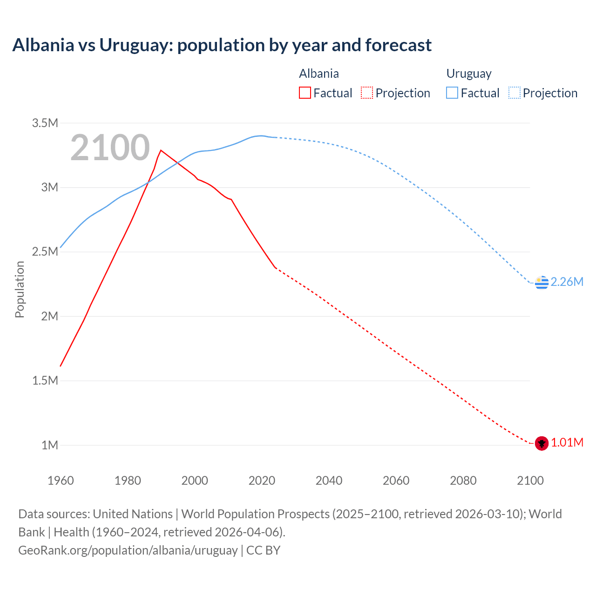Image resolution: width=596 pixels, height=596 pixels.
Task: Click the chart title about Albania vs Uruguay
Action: pyautogui.click(x=222, y=45)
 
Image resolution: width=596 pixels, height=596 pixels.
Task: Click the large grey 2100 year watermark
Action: pyautogui.click(x=110, y=148)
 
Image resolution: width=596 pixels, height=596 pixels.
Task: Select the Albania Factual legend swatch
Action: pyautogui.click(x=305, y=93)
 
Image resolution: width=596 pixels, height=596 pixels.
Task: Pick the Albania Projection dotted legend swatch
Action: pyautogui.click(x=367, y=93)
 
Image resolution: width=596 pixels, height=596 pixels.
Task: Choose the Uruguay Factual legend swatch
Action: pyautogui.click(x=452, y=93)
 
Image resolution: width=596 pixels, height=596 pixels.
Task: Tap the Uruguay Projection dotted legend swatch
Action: pyautogui.click(x=515, y=93)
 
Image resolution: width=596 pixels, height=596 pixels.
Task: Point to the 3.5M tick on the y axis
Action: pyautogui.click(x=45, y=123)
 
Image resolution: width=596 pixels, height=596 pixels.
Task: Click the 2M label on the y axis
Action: pyautogui.click(x=49, y=316)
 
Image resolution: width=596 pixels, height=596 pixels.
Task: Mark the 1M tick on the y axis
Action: pyautogui.click(x=49, y=445)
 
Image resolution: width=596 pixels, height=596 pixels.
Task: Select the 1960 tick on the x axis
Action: pyautogui.click(x=61, y=481)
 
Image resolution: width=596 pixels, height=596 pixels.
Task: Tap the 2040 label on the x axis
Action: pyautogui.click(x=329, y=481)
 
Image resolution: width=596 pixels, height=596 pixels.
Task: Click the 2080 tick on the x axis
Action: pyautogui.click(x=463, y=481)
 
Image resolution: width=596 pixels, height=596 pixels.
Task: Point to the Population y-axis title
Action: pyautogui.click(x=20, y=289)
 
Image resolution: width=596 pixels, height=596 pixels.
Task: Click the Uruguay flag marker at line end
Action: pyautogui.click(x=542, y=282)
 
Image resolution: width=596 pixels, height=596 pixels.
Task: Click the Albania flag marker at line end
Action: pyautogui.click(x=542, y=443)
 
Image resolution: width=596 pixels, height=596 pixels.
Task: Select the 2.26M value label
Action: pyautogui.click(x=567, y=282)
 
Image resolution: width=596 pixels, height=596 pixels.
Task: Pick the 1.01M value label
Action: pyautogui.click(x=567, y=442)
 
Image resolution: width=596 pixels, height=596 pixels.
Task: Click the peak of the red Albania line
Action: pyautogui.click(x=161, y=150)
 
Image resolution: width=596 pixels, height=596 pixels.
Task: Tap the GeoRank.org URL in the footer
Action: pyautogui.click(x=128, y=550)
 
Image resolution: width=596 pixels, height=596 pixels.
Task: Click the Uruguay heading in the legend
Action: pyautogui.click(x=469, y=74)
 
